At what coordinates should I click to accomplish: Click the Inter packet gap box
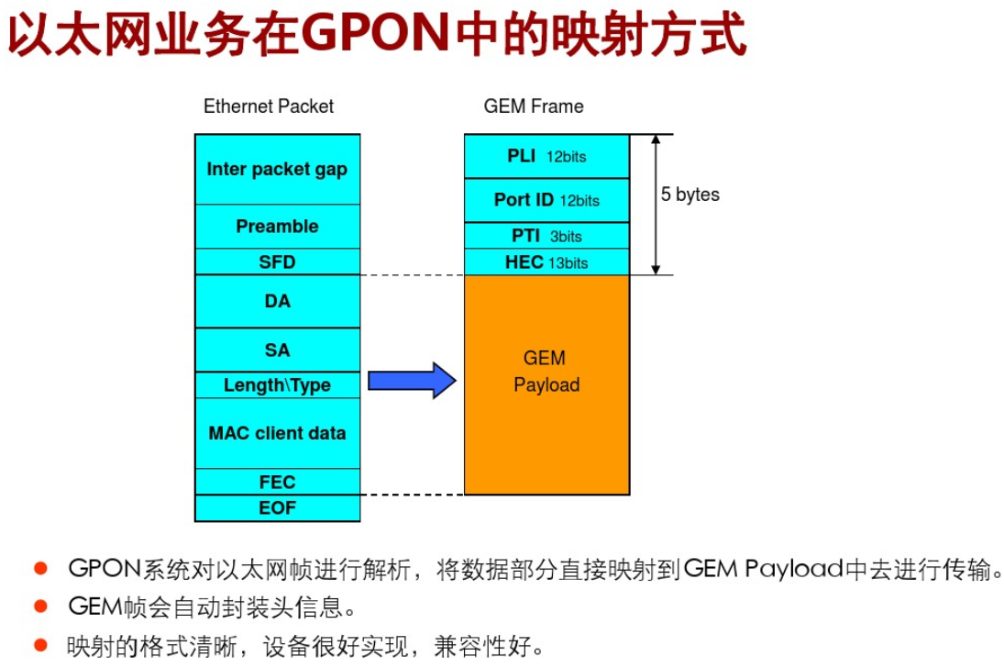point(277,169)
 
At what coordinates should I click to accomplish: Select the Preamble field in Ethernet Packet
point(277,226)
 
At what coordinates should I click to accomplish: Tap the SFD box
point(277,262)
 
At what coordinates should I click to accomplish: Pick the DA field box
point(277,301)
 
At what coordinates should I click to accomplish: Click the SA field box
point(277,350)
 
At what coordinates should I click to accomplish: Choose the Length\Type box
point(277,385)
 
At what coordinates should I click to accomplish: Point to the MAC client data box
point(277,433)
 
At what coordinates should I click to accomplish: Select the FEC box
point(277,482)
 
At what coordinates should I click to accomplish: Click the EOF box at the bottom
point(277,507)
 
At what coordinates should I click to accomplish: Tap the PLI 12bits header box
point(546,156)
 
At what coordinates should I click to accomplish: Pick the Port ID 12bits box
point(546,200)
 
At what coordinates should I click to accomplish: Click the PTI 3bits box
point(546,236)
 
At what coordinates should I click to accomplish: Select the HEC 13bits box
point(546,262)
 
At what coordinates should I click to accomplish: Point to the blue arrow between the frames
point(411,380)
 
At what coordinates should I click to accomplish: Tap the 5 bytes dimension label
point(690,195)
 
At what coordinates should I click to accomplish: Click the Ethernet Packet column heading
point(269,106)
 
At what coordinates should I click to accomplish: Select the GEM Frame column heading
point(534,106)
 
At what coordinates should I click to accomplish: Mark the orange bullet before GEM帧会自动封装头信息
point(40,606)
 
